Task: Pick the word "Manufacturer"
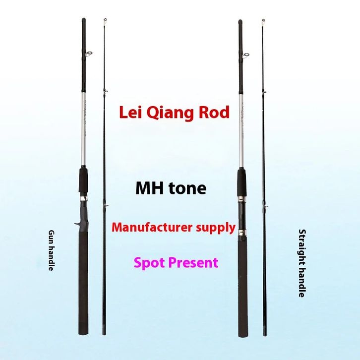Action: click(x=151, y=228)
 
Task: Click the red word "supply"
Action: click(x=214, y=228)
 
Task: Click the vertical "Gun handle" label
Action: click(x=51, y=250)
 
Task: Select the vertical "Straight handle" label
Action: click(x=301, y=263)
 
